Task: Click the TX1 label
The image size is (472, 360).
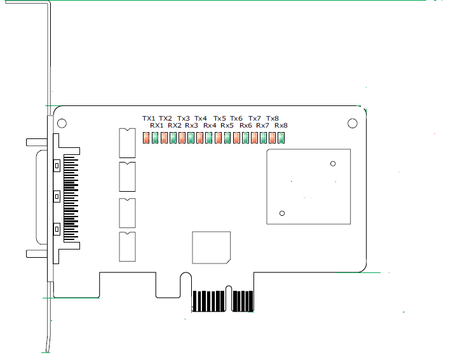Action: coord(149,118)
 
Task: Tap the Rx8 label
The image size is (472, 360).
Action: coord(281,126)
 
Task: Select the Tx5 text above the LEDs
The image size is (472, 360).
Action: coord(220,118)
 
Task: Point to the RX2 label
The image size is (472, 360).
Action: coord(175,126)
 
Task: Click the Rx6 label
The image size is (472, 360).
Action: coord(246,126)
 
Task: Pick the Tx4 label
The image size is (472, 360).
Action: coord(201,118)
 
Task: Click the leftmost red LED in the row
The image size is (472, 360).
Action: coord(145,138)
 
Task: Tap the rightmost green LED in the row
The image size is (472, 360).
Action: coord(281,138)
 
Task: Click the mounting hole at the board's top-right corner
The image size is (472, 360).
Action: coord(353,123)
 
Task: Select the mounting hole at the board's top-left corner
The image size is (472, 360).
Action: coord(62,123)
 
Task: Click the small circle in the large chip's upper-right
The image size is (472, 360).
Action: coord(333,164)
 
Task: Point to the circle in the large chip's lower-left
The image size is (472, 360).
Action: coord(283,212)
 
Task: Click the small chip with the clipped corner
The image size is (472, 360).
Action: coord(211,247)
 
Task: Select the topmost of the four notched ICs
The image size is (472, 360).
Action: coord(128,142)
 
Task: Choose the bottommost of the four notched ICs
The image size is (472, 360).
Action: coord(128,246)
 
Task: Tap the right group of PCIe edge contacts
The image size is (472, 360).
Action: coord(243,301)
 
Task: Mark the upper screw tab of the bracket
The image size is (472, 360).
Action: coord(36,142)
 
